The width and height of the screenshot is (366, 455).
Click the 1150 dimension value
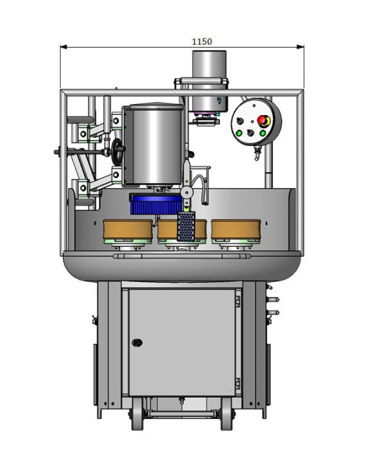[202, 42]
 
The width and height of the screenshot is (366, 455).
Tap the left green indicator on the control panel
[240, 133]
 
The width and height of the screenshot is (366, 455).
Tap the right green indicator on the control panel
[263, 133]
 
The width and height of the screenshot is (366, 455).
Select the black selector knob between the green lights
[250, 133]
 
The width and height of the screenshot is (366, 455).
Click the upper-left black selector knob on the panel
[240, 121]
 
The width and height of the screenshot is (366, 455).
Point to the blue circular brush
[156, 204]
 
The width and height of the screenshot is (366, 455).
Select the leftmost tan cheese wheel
[128, 229]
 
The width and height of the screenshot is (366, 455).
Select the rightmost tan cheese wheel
[236, 229]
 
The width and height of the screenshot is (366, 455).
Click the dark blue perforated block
[186, 227]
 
